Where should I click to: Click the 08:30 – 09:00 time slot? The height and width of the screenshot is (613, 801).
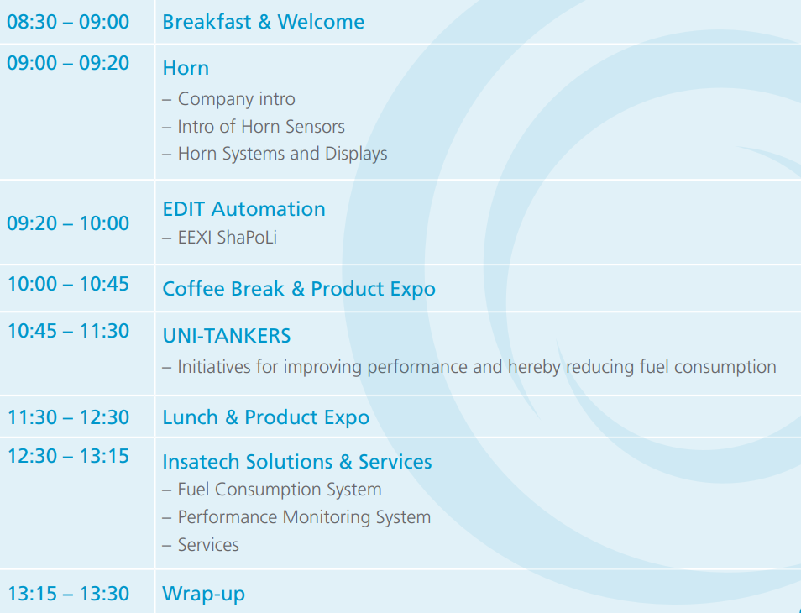(x=68, y=22)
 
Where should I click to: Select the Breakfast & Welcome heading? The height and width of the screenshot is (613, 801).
(x=263, y=22)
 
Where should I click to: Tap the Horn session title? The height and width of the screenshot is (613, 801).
(x=186, y=68)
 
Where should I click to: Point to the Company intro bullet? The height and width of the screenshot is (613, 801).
(x=229, y=98)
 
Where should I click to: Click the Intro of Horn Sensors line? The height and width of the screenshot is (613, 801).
(x=254, y=126)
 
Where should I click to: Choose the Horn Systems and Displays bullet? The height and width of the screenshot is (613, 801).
(x=275, y=154)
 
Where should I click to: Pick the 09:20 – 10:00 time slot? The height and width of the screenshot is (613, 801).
(x=68, y=223)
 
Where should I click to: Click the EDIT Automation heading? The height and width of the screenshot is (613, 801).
(x=243, y=209)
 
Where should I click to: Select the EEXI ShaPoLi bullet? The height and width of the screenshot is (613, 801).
(x=220, y=238)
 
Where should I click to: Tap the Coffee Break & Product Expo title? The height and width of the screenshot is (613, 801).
(x=299, y=289)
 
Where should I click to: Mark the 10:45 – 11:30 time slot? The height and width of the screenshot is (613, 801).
(x=68, y=331)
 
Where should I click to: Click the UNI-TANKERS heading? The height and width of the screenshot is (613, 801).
(x=227, y=336)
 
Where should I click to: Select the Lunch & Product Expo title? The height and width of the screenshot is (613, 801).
(x=265, y=417)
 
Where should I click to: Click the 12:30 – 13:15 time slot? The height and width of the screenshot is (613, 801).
(x=68, y=456)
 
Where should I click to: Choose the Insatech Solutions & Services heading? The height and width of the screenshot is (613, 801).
(x=296, y=462)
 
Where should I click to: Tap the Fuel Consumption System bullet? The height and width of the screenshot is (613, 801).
(x=272, y=490)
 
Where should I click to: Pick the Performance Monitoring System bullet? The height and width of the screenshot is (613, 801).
(x=296, y=517)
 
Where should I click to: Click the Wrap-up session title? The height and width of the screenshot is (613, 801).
(x=203, y=594)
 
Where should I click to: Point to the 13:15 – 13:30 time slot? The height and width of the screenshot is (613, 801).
(x=68, y=594)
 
